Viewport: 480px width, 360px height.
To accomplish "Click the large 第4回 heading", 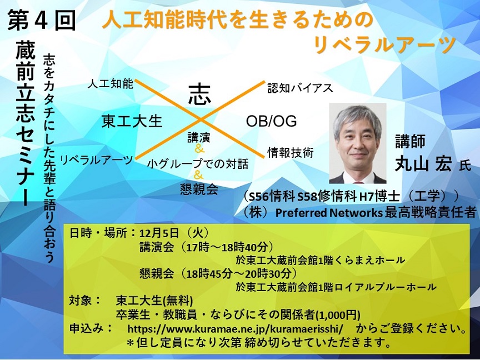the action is (x=41, y=20).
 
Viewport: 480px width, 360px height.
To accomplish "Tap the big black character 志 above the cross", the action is (x=199, y=94).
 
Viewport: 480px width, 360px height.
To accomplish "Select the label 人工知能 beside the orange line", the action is (x=110, y=83).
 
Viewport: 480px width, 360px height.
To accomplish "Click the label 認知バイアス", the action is (x=300, y=88).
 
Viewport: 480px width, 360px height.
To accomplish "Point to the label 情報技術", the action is (x=291, y=152).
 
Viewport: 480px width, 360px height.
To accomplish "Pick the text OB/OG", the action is (x=271, y=121).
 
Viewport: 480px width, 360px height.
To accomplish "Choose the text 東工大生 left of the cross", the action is (x=132, y=121).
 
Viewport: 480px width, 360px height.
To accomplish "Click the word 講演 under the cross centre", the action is (x=199, y=138).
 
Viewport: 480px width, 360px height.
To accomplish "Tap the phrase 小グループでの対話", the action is (x=197, y=164).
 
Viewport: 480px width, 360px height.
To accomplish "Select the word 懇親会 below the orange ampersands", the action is (x=199, y=189).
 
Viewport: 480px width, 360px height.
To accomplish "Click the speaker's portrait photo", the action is (x=357, y=143).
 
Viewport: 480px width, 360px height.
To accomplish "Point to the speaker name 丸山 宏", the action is (x=423, y=164).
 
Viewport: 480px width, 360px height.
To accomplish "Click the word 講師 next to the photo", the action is (x=410, y=142).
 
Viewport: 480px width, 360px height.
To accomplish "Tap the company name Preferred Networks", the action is (x=329, y=212).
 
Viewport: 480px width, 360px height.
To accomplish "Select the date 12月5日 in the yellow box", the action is (x=159, y=233).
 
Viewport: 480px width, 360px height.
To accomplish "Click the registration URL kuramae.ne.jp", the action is (x=235, y=329).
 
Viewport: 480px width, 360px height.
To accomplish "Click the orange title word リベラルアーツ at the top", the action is (x=384, y=44).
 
